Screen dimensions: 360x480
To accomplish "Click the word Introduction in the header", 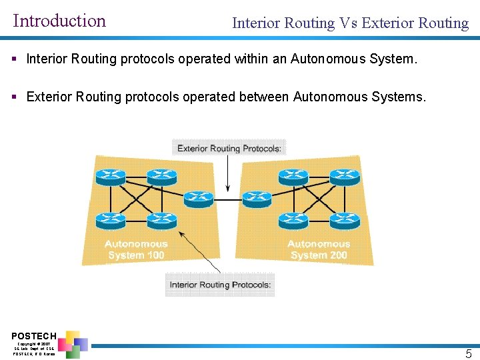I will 59,21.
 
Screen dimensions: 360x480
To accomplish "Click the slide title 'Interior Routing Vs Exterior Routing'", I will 350,23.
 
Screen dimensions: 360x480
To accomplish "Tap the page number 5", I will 469,354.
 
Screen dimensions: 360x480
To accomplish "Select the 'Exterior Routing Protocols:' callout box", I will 229,148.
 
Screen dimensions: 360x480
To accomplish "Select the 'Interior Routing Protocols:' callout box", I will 220,285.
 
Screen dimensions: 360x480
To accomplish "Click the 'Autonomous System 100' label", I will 136,249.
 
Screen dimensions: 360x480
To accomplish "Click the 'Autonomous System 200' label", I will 319,249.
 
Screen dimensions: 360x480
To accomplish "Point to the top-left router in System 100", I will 110,176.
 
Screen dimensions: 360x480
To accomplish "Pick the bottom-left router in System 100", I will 110,219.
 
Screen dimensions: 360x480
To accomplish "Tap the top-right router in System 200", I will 345,176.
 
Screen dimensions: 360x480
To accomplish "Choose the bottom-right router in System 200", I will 345,219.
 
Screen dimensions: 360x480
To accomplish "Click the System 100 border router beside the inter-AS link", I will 198,198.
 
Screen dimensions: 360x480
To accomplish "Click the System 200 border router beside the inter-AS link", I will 257,198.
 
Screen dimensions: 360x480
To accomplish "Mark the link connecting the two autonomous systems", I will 227,199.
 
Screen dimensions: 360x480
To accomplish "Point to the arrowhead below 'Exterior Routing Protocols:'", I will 228,189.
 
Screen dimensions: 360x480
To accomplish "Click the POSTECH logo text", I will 34,335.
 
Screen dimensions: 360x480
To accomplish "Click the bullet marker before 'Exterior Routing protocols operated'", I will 15,97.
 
